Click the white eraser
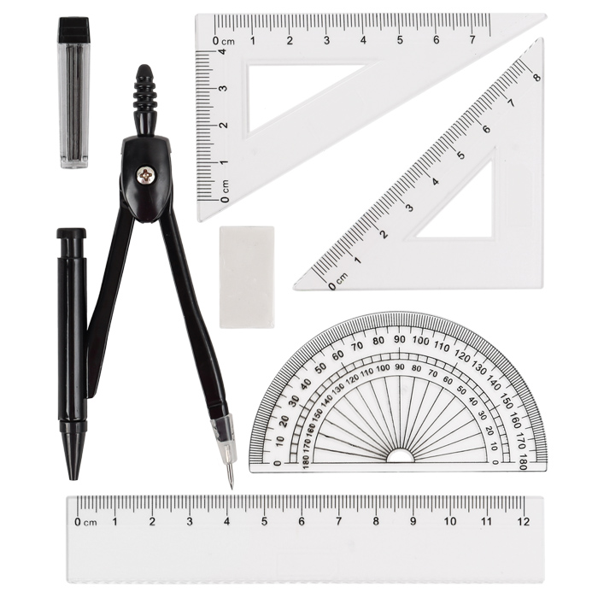click(247, 277)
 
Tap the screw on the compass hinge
click(146, 175)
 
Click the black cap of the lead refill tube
click(73, 29)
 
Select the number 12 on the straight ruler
click(524, 521)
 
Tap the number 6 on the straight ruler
click(302, 521)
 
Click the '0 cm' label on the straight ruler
click(85, 522)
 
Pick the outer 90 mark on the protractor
click(399, 339)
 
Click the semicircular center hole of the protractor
click(400, 456)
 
